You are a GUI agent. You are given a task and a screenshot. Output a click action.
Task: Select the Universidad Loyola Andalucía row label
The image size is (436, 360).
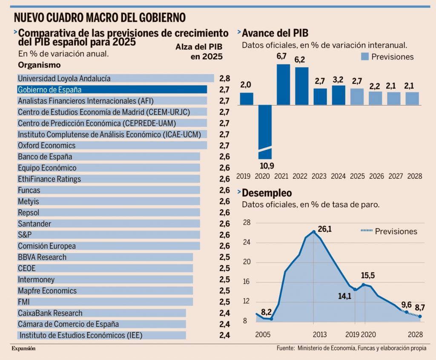64,78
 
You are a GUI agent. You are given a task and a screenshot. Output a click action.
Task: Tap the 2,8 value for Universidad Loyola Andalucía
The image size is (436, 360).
224,79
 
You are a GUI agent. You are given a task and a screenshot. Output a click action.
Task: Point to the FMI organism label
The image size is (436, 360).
24,302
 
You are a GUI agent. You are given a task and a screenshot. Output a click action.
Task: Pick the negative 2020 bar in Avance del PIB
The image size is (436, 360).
264,132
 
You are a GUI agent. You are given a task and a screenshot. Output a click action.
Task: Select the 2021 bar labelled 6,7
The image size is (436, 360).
283,84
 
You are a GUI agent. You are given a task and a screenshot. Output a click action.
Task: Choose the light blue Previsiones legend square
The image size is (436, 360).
364,57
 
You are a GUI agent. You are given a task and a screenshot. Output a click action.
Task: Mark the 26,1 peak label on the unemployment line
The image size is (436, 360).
324,229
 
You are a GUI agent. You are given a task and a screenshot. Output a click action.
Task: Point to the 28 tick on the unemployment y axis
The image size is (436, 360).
247,223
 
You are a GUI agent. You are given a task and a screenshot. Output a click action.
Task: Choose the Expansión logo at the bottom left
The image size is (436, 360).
23,349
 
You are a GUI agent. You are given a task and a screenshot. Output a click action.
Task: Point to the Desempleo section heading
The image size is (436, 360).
267,194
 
